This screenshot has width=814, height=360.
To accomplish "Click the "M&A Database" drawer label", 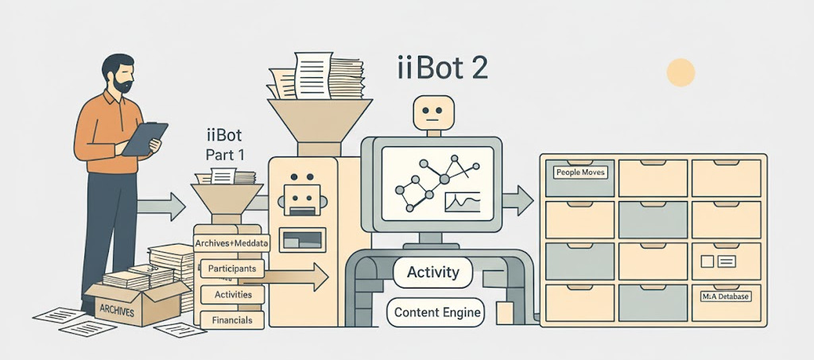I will [726, 296].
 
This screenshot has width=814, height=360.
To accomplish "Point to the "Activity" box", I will [432, 273].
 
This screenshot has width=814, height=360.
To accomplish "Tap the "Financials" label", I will [233, 320].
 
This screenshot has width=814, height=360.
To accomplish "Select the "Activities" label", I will [233, 295].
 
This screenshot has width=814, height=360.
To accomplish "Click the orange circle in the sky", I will [680, 72].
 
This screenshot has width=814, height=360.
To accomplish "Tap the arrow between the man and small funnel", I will [163, 208].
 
